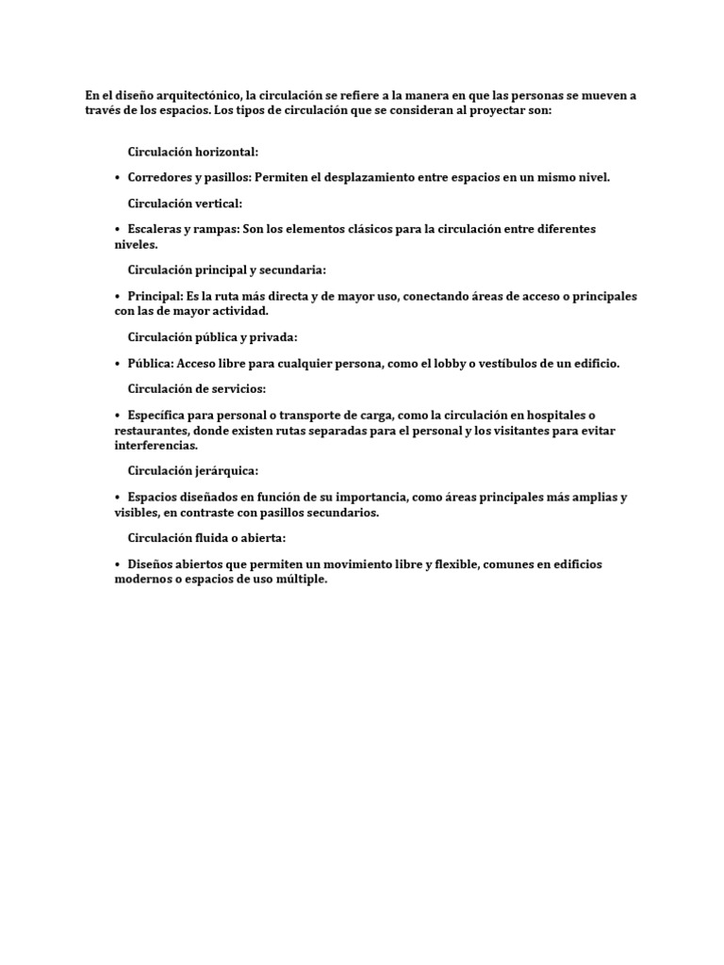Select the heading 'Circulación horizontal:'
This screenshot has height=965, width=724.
pos(193,151)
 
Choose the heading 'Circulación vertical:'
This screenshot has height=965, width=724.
pos(185,203)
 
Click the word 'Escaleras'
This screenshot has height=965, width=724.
pos(156,229)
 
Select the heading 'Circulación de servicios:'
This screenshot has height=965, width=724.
pos(197,388)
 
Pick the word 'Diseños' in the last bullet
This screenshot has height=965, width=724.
pos(152,564)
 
